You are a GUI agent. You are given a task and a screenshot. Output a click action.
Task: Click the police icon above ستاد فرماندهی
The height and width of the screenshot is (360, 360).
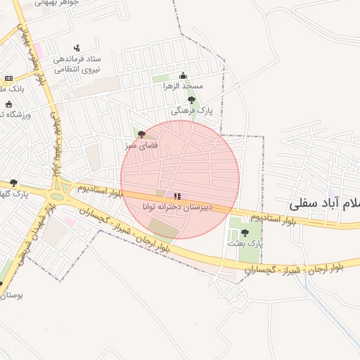point(77,48)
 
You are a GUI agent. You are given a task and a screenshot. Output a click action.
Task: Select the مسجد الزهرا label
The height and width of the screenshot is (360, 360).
point(184,86)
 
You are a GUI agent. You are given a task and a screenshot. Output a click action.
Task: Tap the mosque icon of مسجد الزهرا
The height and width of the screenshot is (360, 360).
point(184,75)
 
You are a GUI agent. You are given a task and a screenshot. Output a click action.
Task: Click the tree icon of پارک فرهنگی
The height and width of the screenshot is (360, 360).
point(191,101)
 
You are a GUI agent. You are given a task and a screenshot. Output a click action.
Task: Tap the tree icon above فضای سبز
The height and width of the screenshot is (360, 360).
point(142,134)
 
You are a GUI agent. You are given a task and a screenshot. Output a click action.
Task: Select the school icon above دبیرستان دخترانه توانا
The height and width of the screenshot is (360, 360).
point(177,196)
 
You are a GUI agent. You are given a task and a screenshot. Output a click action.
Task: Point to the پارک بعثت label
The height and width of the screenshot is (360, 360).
point(244,243)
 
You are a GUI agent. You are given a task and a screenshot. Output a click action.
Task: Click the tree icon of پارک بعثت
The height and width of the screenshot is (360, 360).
point(245,233)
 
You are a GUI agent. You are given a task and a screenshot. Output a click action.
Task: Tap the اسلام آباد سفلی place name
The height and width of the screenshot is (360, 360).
point(324,204)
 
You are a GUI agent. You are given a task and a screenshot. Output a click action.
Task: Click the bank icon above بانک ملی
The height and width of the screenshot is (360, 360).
point(8,78)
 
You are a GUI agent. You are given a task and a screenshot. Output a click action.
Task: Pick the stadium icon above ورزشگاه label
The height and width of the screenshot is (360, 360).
point(8,104)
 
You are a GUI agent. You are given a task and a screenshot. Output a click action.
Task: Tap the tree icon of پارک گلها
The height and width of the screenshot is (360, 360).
point(13,184)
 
